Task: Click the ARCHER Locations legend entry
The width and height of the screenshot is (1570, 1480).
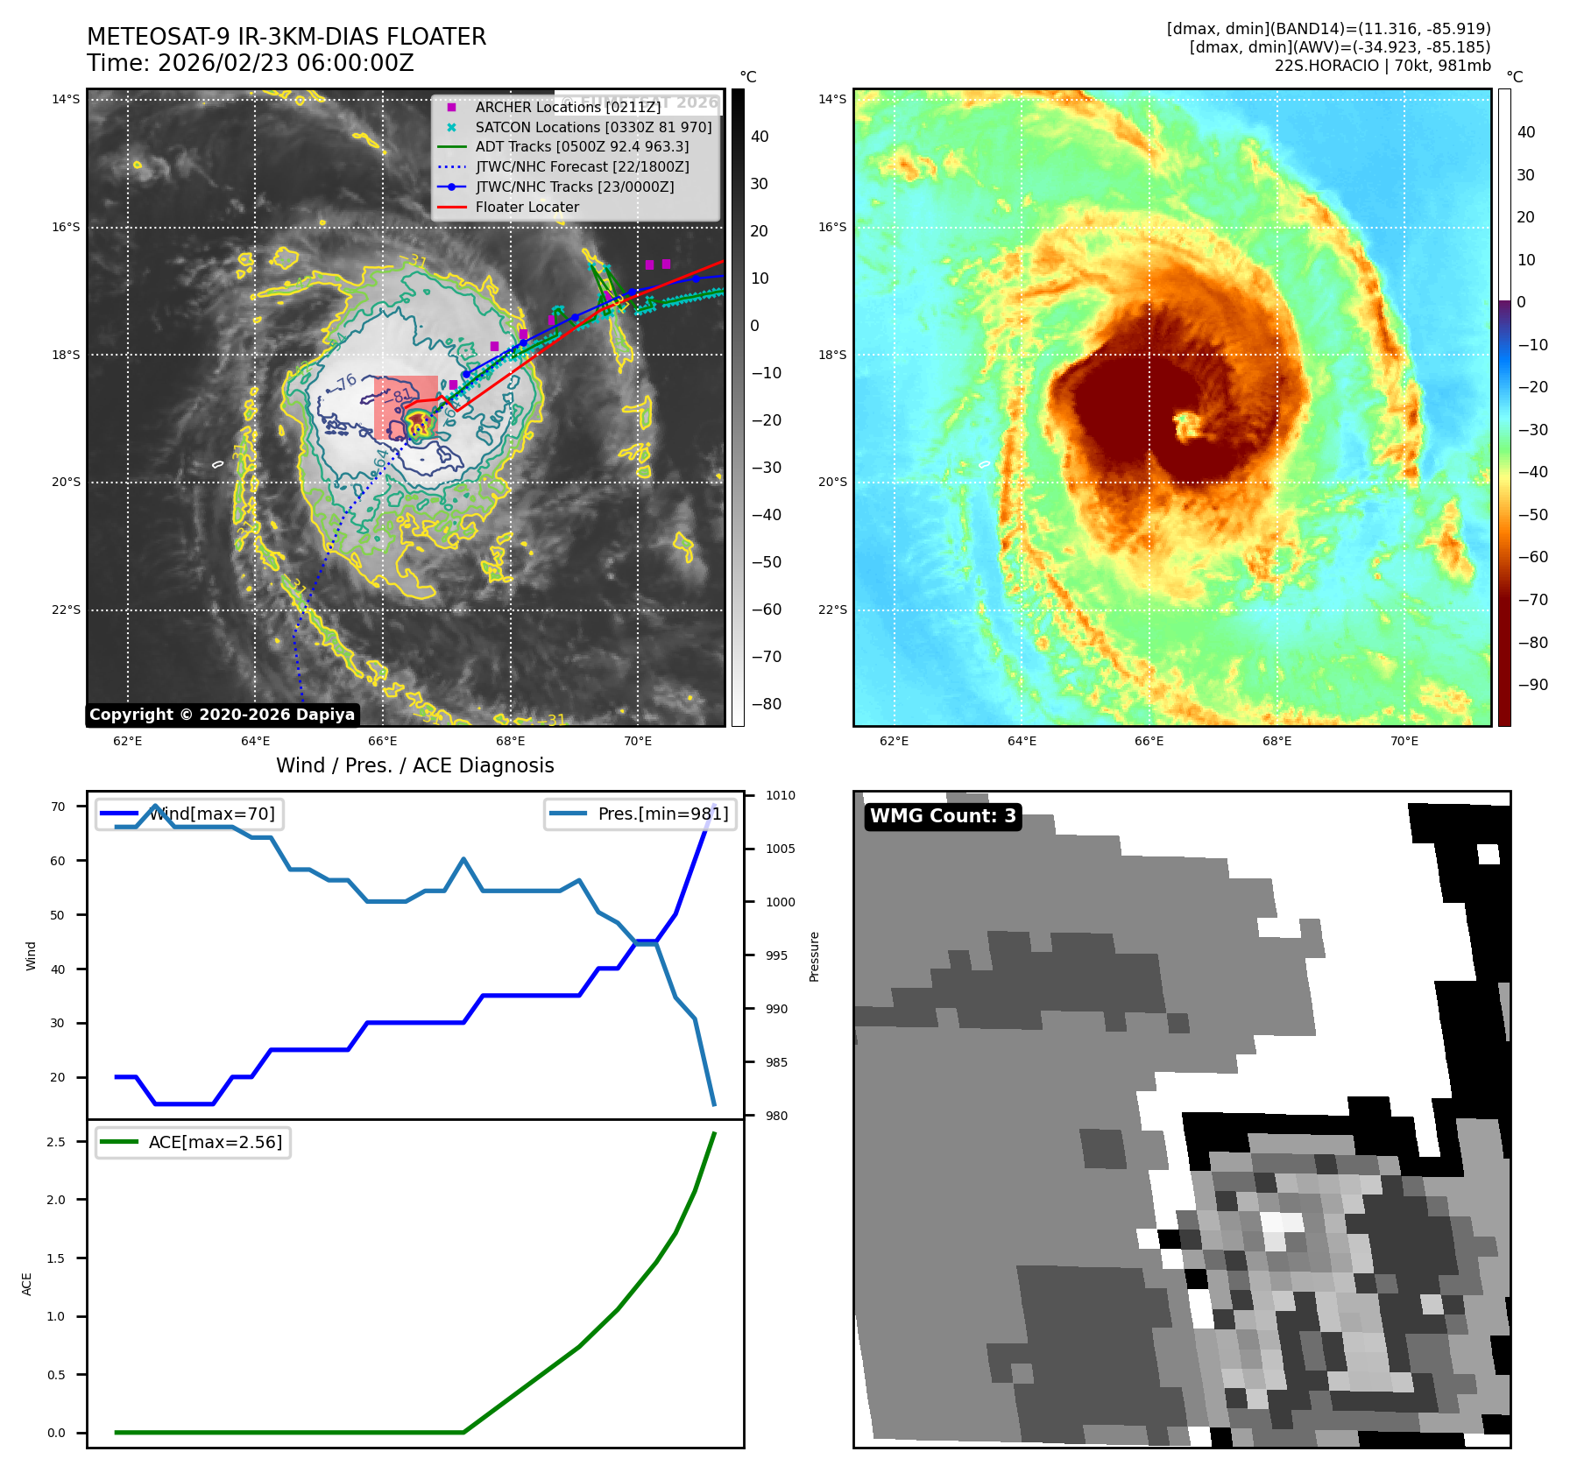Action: click(568, 107)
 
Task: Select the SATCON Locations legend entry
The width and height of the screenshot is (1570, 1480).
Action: click(593, 127)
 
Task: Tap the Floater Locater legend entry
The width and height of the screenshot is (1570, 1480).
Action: click(527, 208)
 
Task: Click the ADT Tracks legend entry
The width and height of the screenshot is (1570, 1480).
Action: click(582, 147)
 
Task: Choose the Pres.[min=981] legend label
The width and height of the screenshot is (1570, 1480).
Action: click(662, 814)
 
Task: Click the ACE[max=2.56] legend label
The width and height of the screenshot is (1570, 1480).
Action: click(216, 1143)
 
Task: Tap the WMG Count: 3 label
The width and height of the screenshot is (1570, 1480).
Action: click(943, 816)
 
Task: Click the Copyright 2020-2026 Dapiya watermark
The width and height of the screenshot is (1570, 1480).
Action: click(222, 715)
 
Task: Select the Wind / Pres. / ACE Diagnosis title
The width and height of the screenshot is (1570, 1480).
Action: click(415, 765)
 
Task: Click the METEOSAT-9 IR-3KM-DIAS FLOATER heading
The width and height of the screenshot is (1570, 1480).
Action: click(286, 37)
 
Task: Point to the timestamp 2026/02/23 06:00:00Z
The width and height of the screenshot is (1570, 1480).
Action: click(286, 63)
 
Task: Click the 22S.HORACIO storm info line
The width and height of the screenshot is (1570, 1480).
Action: click(1382, 66)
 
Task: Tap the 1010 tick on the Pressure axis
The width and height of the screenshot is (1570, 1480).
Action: click(780, 795)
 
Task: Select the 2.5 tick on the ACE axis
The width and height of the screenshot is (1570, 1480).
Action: click(56, 1142)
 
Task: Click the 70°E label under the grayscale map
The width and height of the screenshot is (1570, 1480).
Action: click(638, 742)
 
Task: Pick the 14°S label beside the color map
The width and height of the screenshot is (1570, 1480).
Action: click(832, 99)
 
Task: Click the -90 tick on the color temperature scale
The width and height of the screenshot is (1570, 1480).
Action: click(1532, 685)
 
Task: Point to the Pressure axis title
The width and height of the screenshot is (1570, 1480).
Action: click(814, 956)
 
